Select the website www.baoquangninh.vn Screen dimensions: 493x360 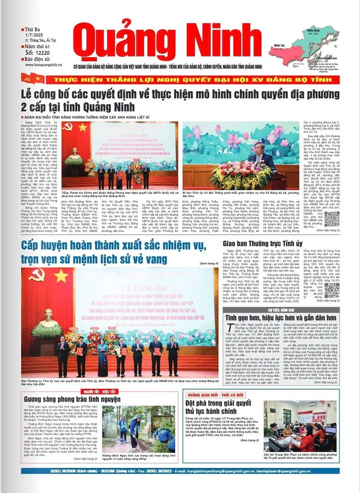pos(43,66)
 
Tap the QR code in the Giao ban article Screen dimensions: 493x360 pos(331,290)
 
